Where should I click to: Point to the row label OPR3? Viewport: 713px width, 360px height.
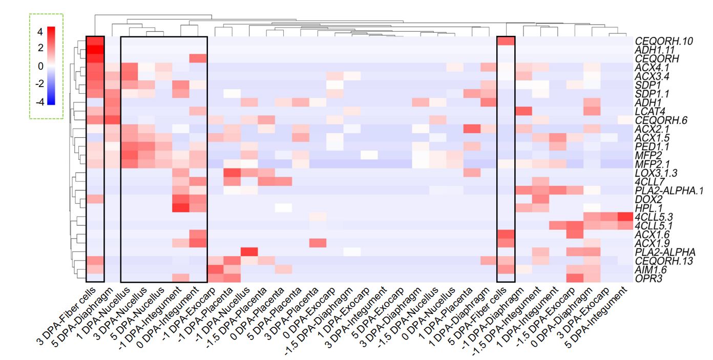646,278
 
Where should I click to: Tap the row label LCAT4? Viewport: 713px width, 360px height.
648,112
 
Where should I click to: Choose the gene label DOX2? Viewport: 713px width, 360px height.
646,199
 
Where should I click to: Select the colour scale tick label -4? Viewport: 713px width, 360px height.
38,101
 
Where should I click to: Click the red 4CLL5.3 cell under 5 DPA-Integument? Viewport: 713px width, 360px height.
626,217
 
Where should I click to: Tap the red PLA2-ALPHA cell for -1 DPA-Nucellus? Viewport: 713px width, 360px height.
249,251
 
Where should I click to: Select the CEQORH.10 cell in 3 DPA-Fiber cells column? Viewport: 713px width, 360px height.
96,41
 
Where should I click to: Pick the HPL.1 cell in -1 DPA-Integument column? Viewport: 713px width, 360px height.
181,207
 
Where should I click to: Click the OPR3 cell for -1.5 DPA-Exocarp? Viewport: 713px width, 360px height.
574,278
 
